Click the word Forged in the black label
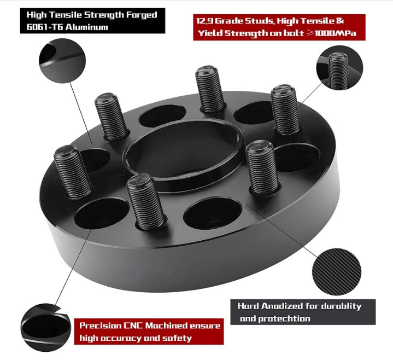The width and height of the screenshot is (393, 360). pyautogui.click(x=141, y=15)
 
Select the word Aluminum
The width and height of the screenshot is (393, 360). pyautogui.click(x=87, y=27)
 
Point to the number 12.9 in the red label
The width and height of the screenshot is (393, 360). pyautogui.click(x=204, y=21)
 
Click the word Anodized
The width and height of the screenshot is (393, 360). pyautogui.click(x=282, y=306)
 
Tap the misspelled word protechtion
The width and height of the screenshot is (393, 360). pyautogui.click(x=284, y=318)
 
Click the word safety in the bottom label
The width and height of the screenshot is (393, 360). pyautogui.click(x=177, y=338)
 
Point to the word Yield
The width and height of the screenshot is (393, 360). pyautogui.click(x=209, y=33)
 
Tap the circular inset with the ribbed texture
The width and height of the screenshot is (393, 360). pyautogui.click(x=337, y=272)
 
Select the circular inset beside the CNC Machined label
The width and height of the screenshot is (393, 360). pyautogui.click(x=46, y=327)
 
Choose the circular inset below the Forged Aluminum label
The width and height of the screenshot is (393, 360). pyautogui.click(x=62, y=61)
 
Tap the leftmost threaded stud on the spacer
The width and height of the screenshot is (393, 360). pyautogui.click(x=73, y=172)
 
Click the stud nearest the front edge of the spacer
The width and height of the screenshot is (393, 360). pyautogui.click(x=146, y=201)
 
